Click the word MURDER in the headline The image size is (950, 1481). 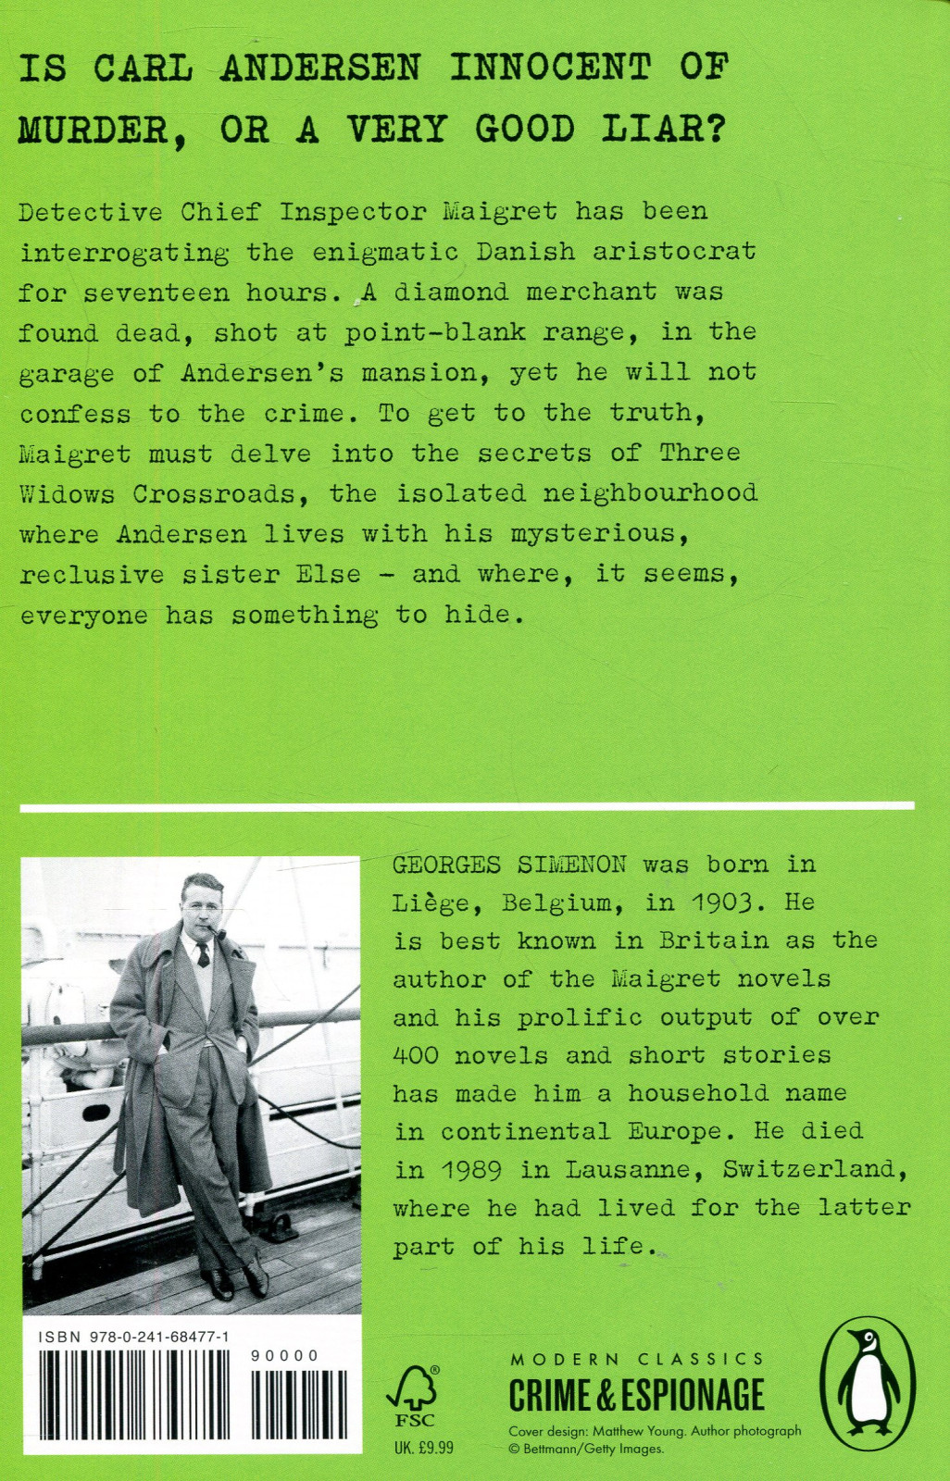pos(93,131)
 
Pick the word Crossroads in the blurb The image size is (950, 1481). pos(219,493)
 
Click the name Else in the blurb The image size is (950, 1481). pos(328,574)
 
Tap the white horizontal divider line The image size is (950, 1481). pos(467,807)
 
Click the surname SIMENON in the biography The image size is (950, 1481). pos(571,865)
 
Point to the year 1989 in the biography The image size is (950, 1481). pos(471,1170)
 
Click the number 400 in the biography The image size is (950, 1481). pos(416,1055)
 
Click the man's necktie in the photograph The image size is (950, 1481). pos(204,954)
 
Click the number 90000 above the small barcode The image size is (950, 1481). pos(285,1356)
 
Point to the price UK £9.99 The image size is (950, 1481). pos(424,1448)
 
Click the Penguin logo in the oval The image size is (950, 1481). pos(868,1386)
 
